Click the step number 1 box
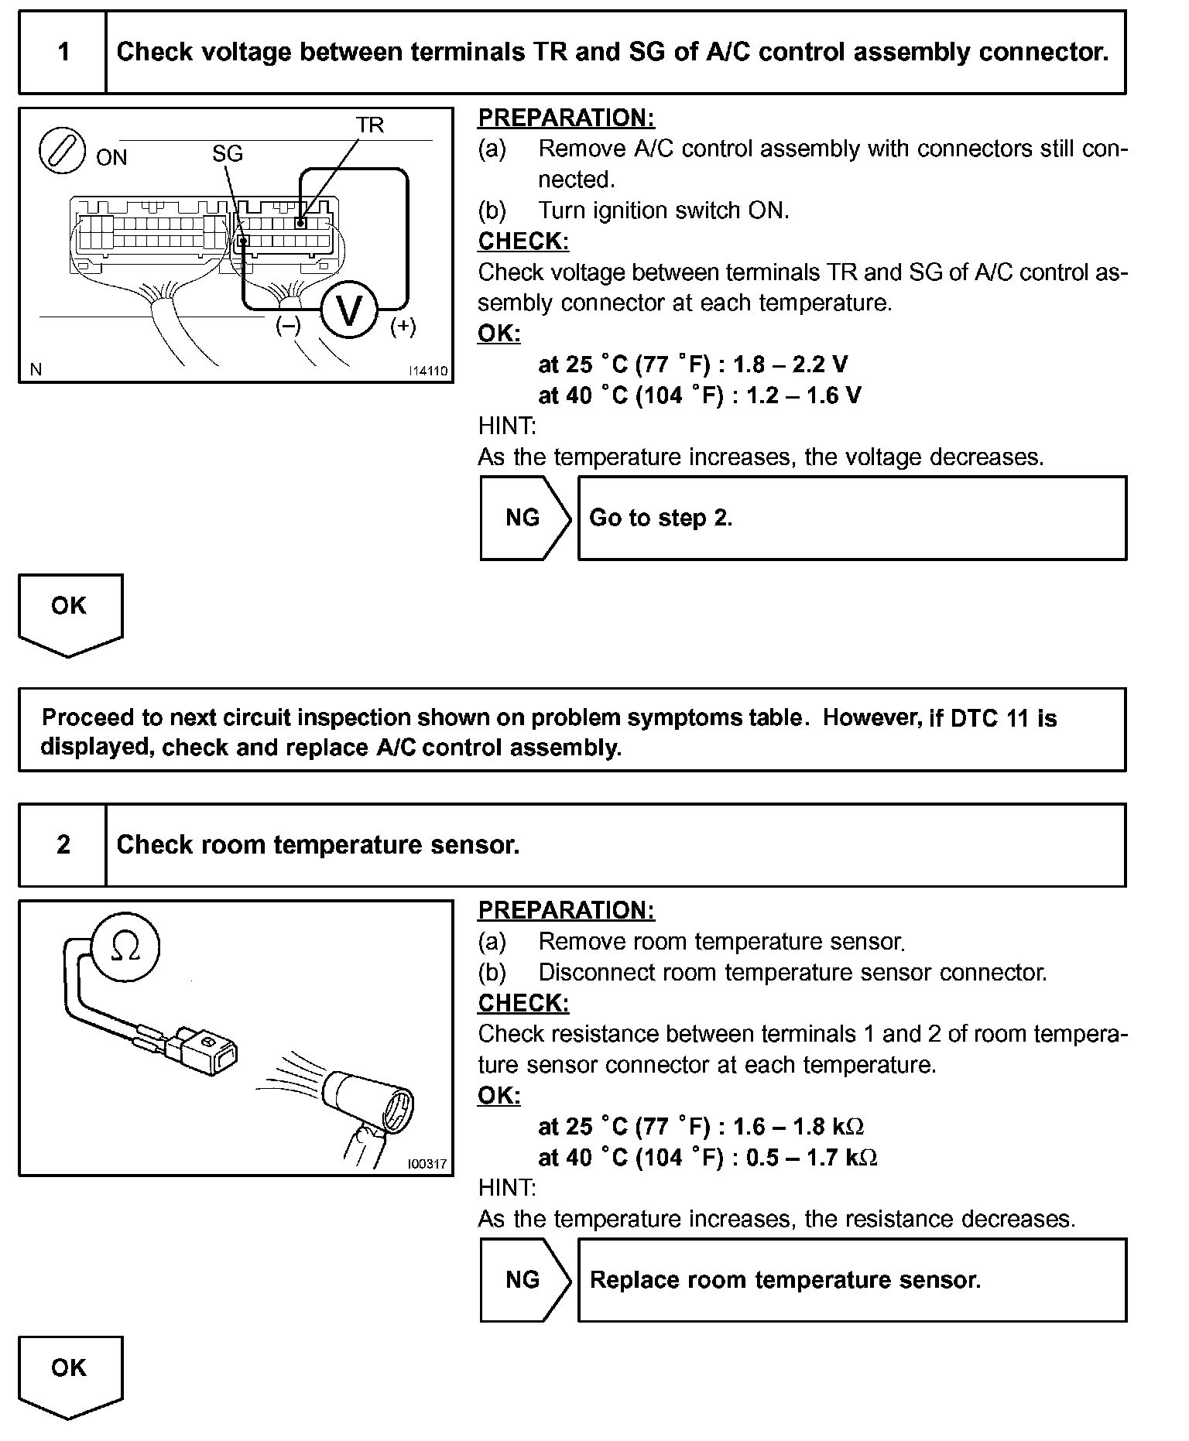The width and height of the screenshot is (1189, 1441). coord(63,53)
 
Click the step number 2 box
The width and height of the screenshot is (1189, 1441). coord(63,844)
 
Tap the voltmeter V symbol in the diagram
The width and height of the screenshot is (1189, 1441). coord(349,311)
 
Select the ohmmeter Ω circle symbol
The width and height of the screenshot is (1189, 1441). coord(125,947)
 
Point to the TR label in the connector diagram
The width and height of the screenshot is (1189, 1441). coord(370,125)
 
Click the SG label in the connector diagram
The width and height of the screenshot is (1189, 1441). coord(228,154)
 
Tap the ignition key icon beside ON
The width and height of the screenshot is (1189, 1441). coord(61,150)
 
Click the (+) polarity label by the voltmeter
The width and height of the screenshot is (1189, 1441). coord(403,327)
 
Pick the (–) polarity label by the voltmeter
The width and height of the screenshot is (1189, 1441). coord(288,326)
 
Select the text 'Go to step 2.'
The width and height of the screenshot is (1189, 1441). coord(661,518)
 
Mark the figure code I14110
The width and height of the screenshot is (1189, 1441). coord(428,371)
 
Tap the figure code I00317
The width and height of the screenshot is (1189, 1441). coord(427,1163)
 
